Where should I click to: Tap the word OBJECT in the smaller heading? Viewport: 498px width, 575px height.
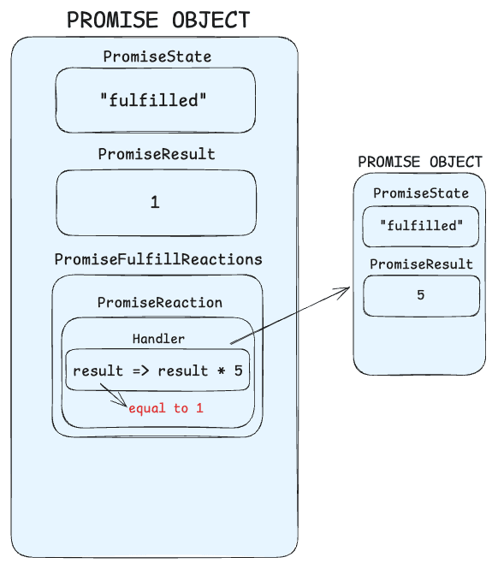coord(453,162)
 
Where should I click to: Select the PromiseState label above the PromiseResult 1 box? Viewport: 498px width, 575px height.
coord(157,56)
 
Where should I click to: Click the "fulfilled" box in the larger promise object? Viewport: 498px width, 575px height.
coord(155,100)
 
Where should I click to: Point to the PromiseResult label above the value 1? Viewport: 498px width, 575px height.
coord(157,155)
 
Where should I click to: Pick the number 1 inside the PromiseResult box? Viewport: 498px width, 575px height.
coord(155,203)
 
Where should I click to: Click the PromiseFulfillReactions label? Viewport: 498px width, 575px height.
coord(158,258)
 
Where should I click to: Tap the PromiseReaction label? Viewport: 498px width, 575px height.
coord(159,302)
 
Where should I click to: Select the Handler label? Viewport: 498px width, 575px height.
coord(158,339)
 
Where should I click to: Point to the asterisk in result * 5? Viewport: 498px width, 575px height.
coord(221,370)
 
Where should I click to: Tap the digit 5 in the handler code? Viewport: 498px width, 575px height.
coord(239,370)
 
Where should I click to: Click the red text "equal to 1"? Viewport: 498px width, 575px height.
coord(166,408)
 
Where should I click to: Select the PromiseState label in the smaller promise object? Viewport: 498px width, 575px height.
coord(421,193)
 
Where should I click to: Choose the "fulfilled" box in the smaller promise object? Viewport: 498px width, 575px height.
coord(420,226)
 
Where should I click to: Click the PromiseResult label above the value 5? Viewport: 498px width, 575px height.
coord(421,264)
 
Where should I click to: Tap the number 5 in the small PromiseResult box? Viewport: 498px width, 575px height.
coord(421,295)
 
